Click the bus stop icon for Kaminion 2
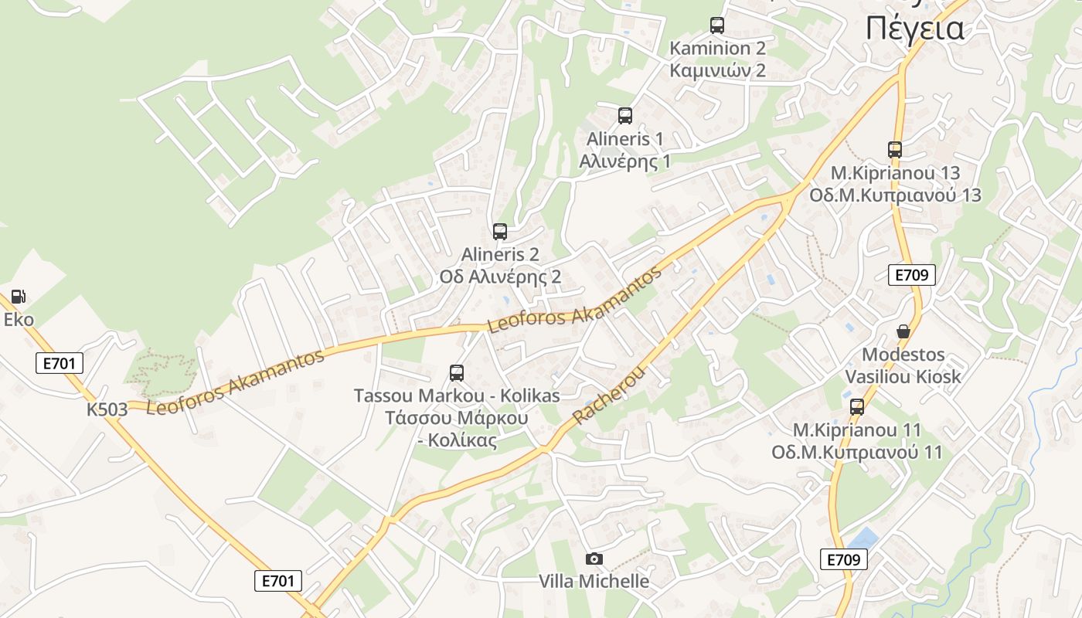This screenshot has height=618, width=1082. click(x=717, y=25)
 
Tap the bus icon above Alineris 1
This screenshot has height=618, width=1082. click(x=625, y=116)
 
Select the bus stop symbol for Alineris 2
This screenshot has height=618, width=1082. click(x=500, y=231)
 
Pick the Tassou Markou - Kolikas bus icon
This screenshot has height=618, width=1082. click(x=457, y=373)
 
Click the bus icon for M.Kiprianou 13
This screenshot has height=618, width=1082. click(x=895, y=150)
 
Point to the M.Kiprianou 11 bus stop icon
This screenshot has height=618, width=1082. click(x=857, y=407)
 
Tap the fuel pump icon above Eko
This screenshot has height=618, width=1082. click(x=18, y=297)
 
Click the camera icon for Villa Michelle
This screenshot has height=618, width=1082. click(x=594, y=559)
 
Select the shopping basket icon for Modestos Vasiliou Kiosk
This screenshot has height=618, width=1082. click(x=903, y=331)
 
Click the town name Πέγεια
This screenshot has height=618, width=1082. click(x=915, y=29)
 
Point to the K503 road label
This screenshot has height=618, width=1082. click(x=107, y=409)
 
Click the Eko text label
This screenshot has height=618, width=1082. click(x=19, y=320)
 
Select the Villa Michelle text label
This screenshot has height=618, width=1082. click(x=594, y=581)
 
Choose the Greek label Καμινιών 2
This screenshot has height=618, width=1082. click(x=717, y=70)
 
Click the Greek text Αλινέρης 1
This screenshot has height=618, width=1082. click(x=625, y=161)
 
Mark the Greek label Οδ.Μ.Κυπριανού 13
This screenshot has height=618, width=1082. click(x=895, y=195)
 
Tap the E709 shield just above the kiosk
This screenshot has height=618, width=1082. click(x=912, y=275)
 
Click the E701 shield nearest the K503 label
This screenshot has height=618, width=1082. click(x=60, y=363)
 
